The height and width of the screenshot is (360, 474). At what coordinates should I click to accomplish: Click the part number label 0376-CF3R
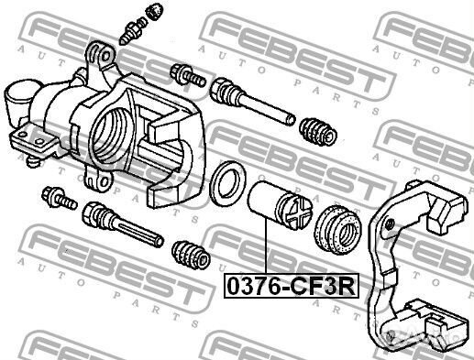click(x=292, y=286)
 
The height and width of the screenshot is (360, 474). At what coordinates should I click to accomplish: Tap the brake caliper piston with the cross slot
click(x=281, y=206)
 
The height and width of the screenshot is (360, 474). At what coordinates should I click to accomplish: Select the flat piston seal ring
click(x=228, y=183)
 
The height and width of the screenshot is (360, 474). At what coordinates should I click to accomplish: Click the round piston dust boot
click(x=338, y=231)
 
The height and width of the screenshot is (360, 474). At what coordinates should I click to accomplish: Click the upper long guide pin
click(x=252, y=100)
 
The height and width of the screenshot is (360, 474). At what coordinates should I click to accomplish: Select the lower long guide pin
click(x=123, y=224)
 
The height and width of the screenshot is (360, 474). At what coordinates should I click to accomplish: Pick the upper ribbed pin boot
click(x=318, y=131)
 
